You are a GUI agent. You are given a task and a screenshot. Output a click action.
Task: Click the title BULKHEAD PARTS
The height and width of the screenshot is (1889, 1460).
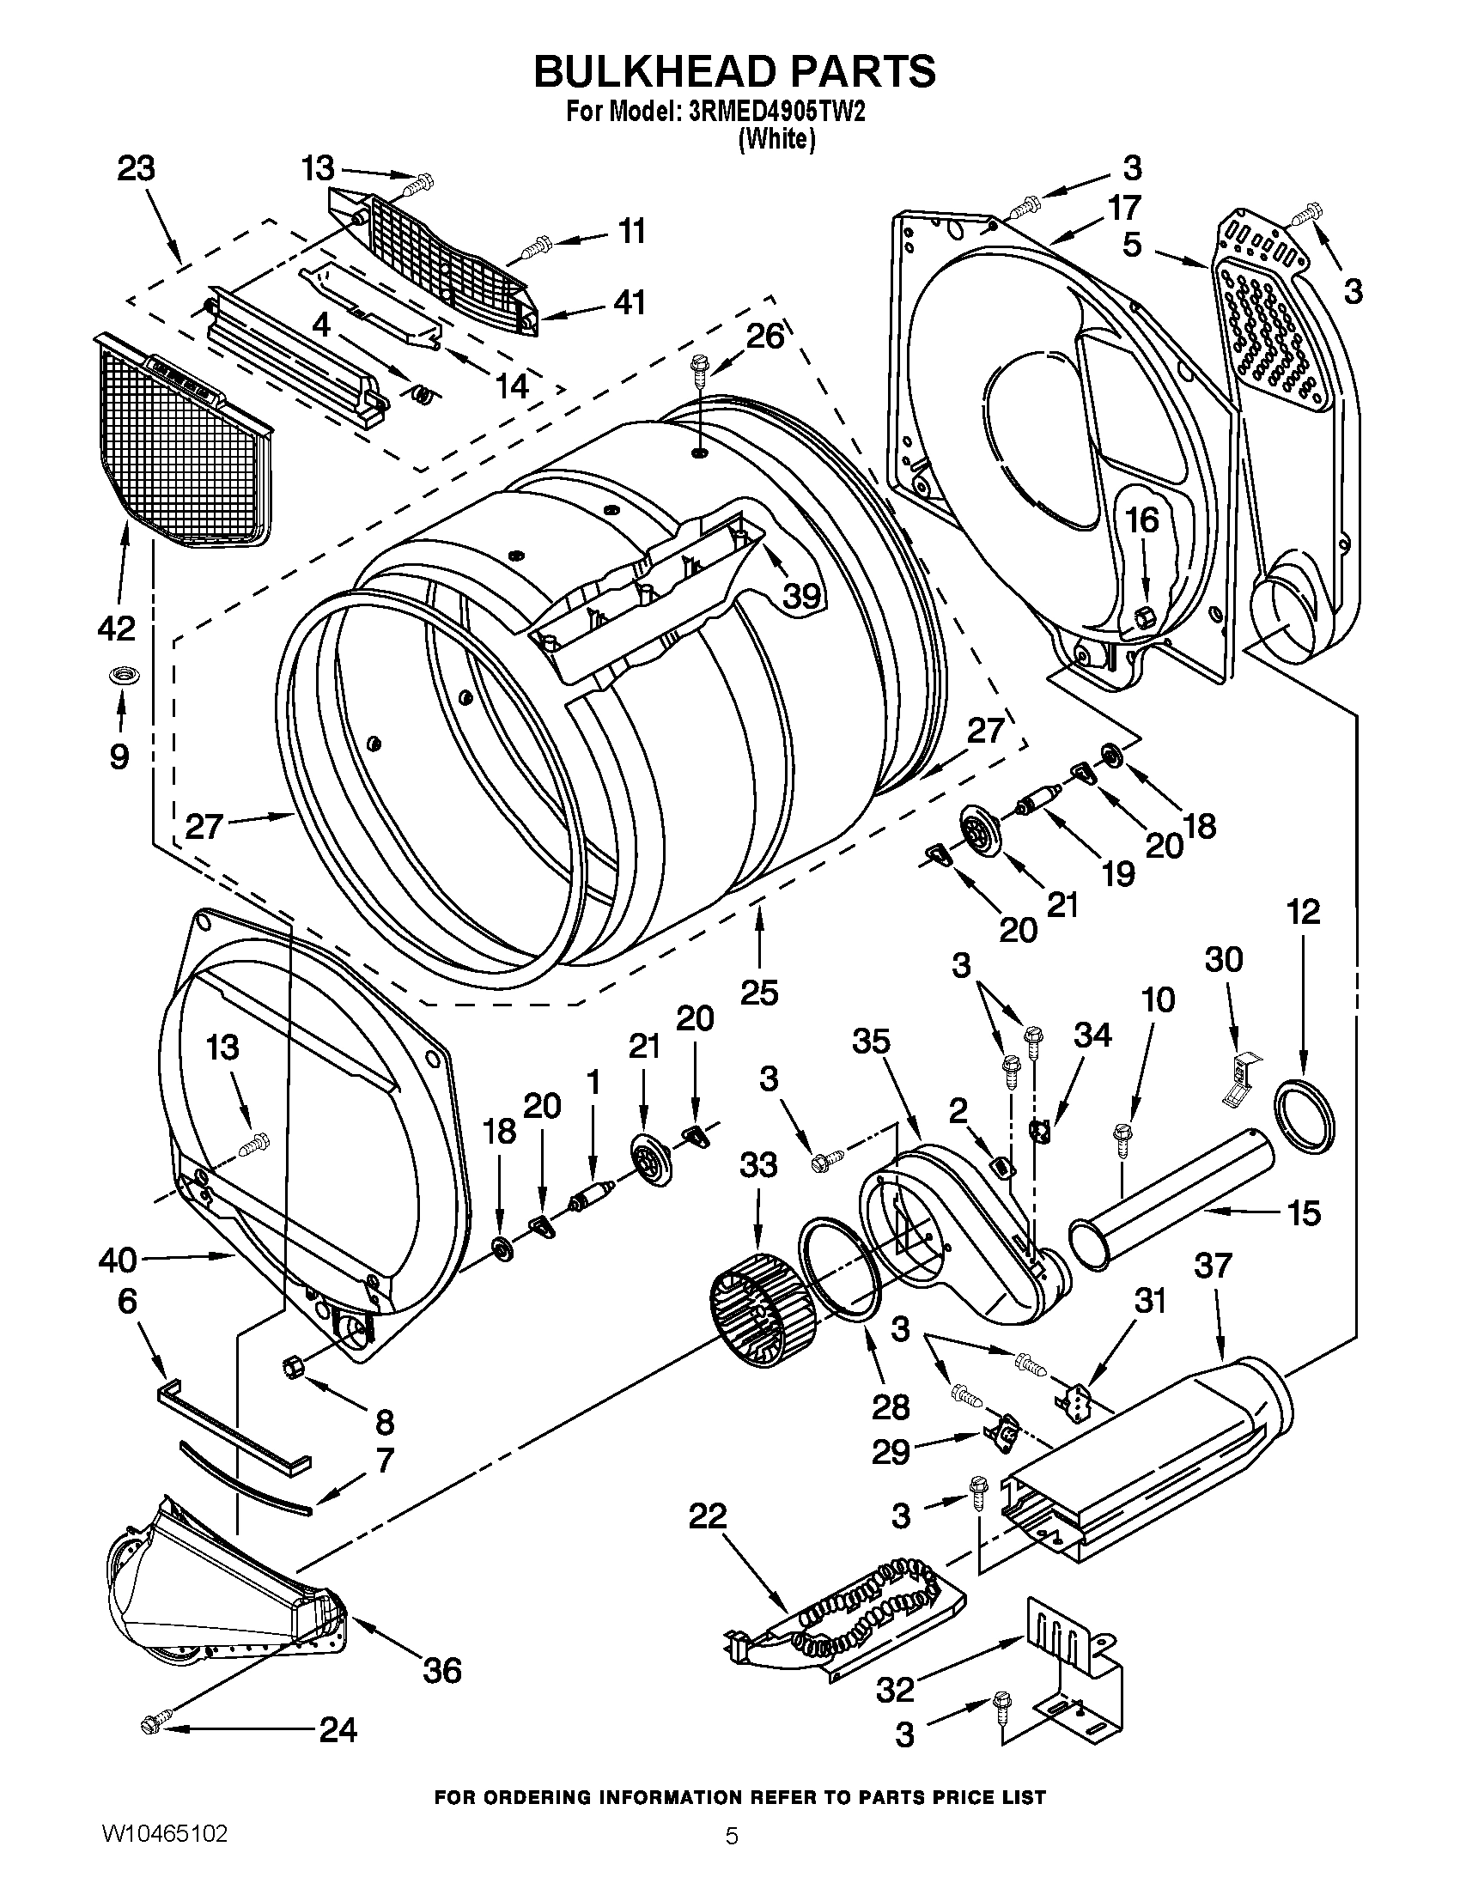(x=733, y=71)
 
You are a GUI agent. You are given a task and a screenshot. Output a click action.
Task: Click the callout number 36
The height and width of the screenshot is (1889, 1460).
(x=441, y=1670)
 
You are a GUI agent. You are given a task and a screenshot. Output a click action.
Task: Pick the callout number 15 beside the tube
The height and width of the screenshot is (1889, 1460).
(x=1304, y=1212)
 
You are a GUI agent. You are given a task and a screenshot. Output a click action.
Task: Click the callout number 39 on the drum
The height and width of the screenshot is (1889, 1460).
(x=801, y=595)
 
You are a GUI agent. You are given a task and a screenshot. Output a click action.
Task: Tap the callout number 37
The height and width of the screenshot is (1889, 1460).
(x=1213, y=1266)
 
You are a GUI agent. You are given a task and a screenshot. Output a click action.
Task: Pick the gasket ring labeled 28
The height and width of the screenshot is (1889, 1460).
(x=837, y=1264)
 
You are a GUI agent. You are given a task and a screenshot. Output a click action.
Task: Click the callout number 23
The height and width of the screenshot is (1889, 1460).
(x=136, y=167)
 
